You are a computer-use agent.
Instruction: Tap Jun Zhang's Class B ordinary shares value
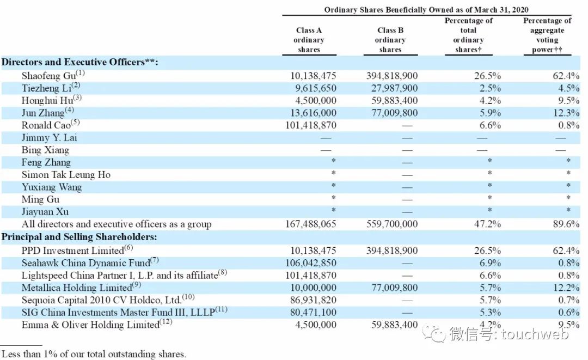point(392,113)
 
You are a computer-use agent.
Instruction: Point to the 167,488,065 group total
point(310,224)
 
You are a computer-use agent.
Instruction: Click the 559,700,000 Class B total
point(392,224)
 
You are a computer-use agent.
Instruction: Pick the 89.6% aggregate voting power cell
point(566,224)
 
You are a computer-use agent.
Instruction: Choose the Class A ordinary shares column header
point(309,40)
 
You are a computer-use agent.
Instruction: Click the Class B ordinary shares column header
point(390,40)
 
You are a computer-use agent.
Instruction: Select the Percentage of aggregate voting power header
point(547,35)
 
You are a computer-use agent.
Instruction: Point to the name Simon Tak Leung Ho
point(66,175)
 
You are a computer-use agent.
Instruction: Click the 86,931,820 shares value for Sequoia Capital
point(310,300)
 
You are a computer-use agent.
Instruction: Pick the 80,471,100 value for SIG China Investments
point(310,313)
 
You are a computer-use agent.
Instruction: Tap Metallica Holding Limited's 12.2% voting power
point(566,288)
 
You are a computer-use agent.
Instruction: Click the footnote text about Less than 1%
point(93,354)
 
